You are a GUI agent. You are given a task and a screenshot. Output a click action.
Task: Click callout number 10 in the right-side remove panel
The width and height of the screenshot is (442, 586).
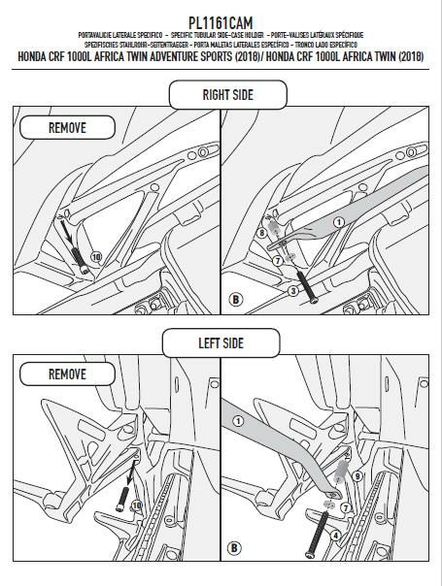(95, 256)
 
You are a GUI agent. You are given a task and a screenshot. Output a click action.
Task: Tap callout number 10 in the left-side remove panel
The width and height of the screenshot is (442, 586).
(136, 505)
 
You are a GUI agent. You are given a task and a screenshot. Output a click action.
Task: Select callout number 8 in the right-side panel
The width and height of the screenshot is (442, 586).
(261, 233)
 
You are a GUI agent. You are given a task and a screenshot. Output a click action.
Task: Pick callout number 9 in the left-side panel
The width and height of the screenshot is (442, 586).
(357, 476)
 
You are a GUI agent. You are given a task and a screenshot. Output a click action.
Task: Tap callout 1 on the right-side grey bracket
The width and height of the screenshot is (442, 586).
(339, 221)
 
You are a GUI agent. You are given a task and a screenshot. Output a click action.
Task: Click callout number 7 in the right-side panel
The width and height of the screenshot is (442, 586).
(277, 261)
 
